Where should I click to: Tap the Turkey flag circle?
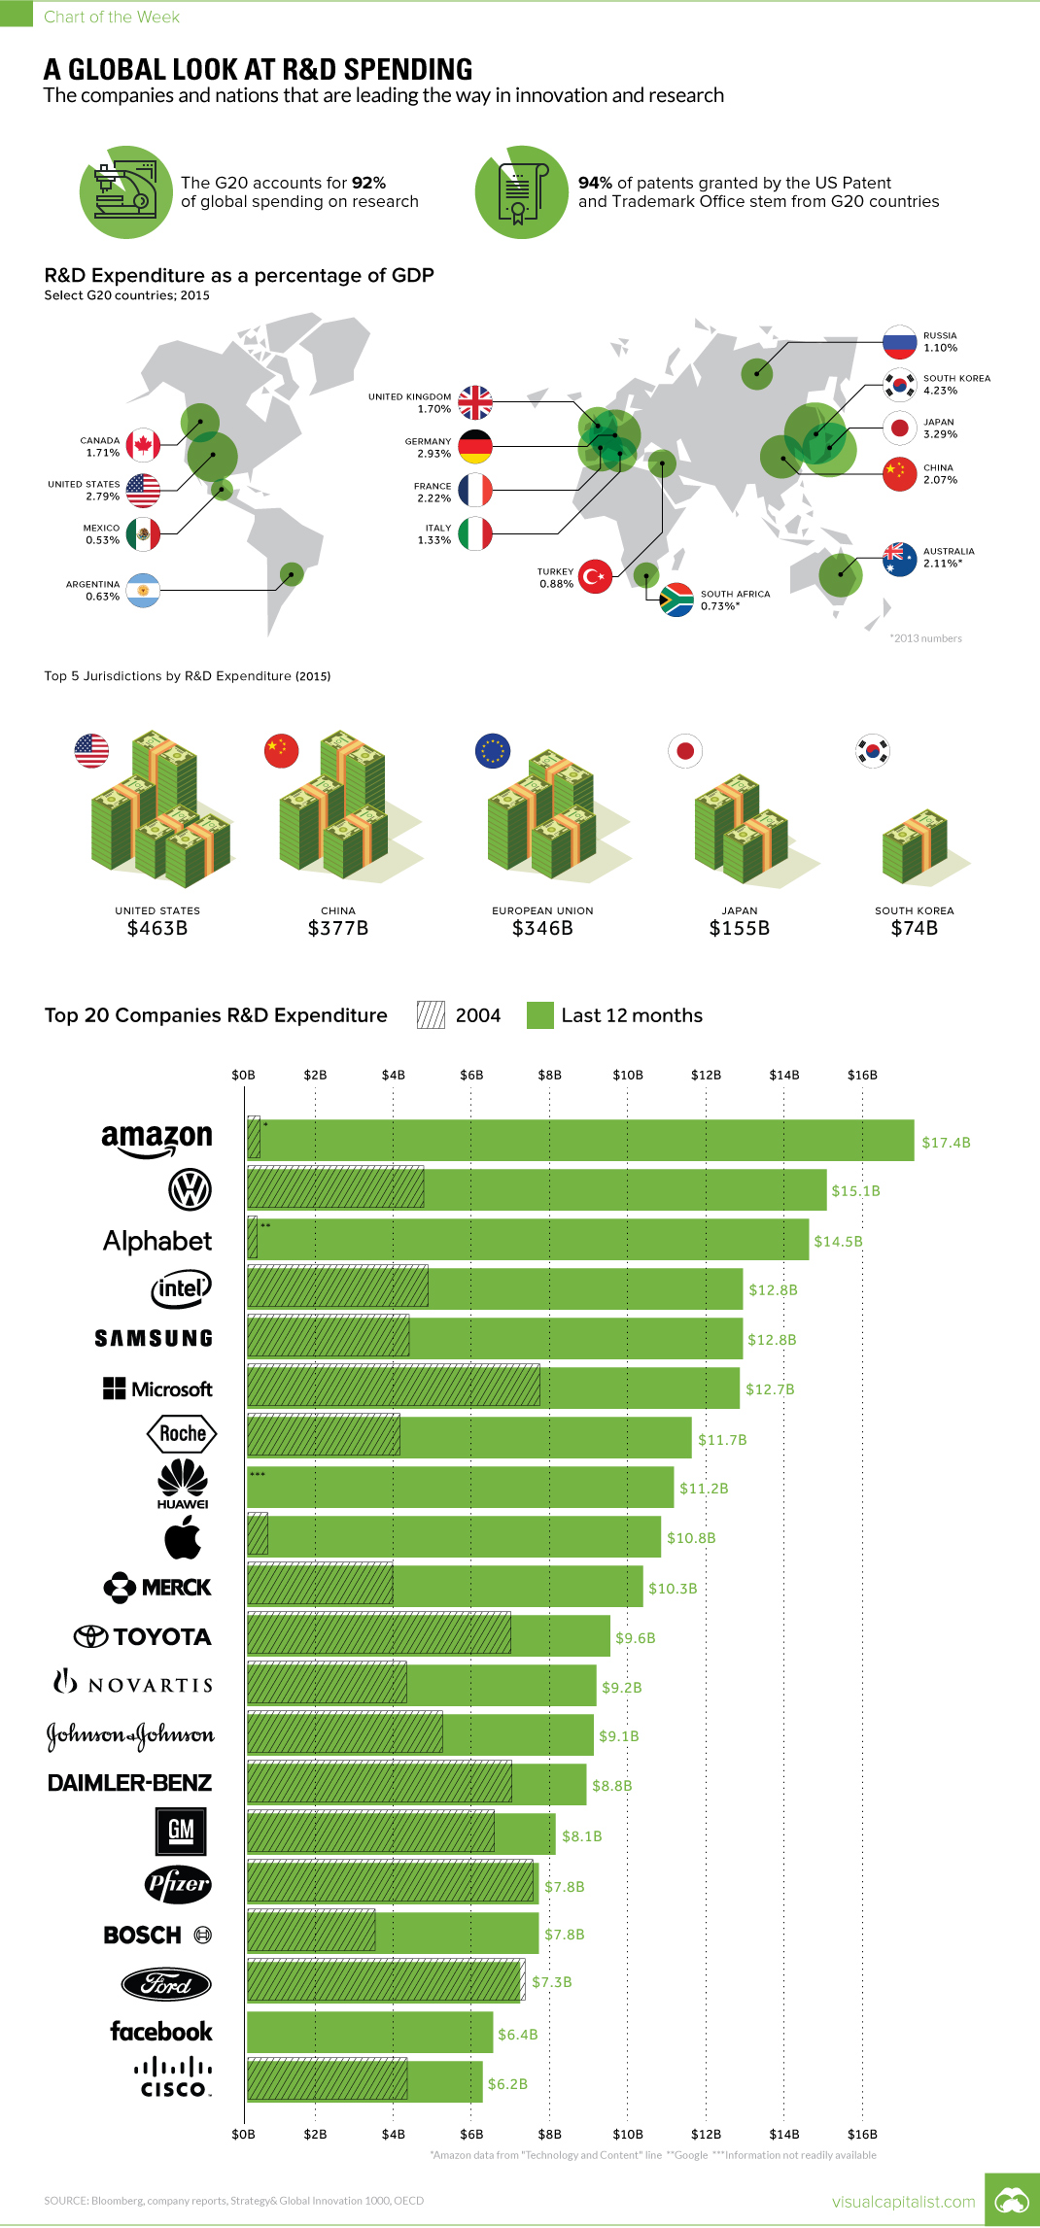(x=595, y=576)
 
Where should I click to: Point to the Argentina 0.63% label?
(x=93, y=591)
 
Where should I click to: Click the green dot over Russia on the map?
(x=757, y=373)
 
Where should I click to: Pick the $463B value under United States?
(x=157, y=928)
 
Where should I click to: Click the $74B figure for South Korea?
(x=914, y=928)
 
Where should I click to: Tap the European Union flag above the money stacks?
(x=493, y=750)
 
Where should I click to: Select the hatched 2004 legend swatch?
(x=431, y=1015)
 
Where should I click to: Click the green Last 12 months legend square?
(x=539, y=1015)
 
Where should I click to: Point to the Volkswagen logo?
(x=190, y=1189)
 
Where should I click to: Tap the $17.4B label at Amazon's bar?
(x=946, y=1143)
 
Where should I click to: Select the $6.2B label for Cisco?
(x=507, y=2083)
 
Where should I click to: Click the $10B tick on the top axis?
(x=627, y=1075)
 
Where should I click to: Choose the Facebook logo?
(x=160, y=2032)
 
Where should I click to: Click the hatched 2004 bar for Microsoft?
(x=393, y=1387)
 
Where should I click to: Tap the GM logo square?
(x=181, y=1832)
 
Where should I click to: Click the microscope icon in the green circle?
(x=125, y=191)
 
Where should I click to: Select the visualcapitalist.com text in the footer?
(x=903, y=2201)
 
